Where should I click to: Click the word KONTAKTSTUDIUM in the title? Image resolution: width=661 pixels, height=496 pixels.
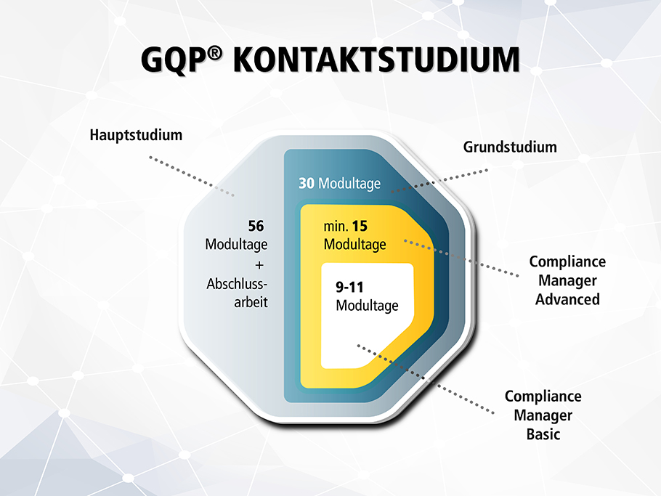tap(376, 60)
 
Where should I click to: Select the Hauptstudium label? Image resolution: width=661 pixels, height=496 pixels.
tap(136, 135)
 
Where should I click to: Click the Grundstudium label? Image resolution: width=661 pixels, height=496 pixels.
tap(510, 147)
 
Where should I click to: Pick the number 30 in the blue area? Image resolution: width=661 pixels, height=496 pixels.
tap(307, 183)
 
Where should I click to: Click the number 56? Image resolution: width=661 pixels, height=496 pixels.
tap(256, 226)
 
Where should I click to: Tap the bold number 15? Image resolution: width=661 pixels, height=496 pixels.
tap(360, 226)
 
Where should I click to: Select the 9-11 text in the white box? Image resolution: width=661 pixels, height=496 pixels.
tap(349, 287)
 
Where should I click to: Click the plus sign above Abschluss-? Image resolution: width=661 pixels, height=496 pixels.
tap(259, 265)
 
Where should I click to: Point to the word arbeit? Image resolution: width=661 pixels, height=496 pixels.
tap(251, 302)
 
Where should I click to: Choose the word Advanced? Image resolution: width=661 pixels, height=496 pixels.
tap(567, 299)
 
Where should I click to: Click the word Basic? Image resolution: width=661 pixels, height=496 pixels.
tap(543, 434)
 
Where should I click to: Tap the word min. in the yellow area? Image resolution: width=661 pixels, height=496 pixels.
tap(336, 227)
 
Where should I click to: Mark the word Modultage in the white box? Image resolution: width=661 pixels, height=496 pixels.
tap(367, 306)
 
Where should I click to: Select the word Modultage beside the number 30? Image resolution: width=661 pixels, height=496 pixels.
tap(349, 184)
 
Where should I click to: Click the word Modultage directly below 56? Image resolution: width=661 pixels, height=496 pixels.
tap(236, 245)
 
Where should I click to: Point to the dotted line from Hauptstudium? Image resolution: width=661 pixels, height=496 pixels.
tap(192, 176)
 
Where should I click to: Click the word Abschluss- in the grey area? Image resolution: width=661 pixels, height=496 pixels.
tap(237, 284)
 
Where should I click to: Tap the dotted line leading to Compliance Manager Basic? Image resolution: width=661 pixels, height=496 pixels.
tap(426, 379)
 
